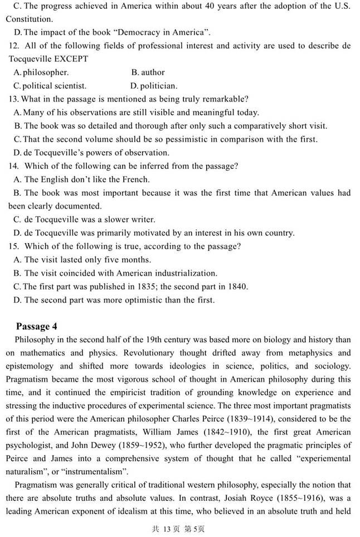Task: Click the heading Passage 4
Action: pyautogui.click(x=36, y=326)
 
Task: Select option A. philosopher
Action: pyautogui.click(x=41, y=72)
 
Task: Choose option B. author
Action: pyautogui.click(x=148, y=72)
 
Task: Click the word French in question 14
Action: pyautogui.click(x=137, y=180)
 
